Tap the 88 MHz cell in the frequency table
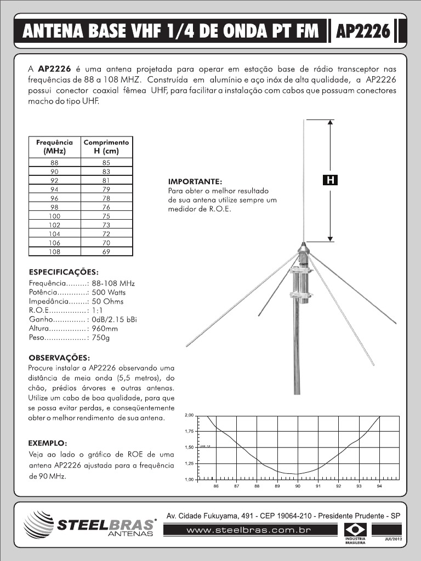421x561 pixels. [x=54, y=163]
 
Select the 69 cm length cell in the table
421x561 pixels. [x=106, y=251]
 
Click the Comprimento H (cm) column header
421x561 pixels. [x=106, y=146]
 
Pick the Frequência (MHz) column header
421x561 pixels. [x=54, y=146]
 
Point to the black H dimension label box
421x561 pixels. [x=330, y=180]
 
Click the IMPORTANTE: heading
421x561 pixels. [x=195, y=181]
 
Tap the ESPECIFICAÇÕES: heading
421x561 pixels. [x=63, y=272]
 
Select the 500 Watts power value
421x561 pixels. [x=109, y=293]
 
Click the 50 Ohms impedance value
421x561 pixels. [x=108, y=301]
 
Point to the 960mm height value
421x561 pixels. [x=105, y=328]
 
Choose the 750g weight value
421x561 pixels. [x=101, y=337]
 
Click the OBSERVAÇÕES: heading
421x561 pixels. [x=59, y=357]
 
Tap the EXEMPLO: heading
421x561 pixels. [x=48, y=442]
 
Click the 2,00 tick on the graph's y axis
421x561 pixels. [x=189, y=415]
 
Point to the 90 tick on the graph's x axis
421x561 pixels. [x=298, y=486]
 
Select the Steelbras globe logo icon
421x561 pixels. [x=39, y=525]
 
